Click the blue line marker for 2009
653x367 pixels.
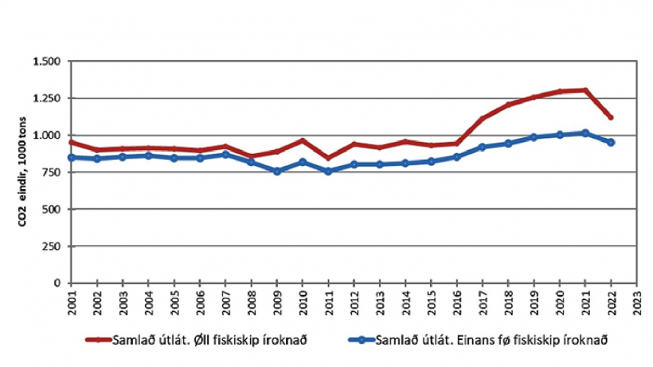tap(277, 171)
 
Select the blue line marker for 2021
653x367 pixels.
tap(585, 133)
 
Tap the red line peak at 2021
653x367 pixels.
tap(585, 91)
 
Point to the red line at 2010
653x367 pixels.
tap(302, 140)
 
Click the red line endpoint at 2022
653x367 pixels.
tap(611, 117)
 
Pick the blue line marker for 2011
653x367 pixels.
tap(328, 171)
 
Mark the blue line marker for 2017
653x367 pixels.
tap(483, 147)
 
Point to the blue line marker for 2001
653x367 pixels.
tap(71, 158)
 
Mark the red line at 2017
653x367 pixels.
tap(483, 119)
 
